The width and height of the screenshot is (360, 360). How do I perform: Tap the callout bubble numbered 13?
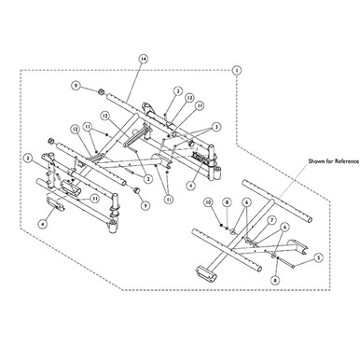189,97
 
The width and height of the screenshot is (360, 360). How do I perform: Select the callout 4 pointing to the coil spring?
190,184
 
